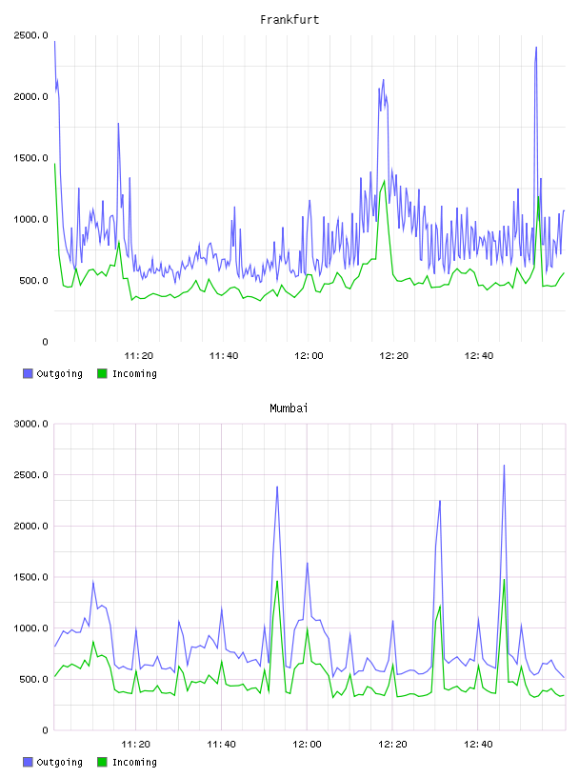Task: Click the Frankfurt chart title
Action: tap(289, 19)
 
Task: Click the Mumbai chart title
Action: tap(289, 408)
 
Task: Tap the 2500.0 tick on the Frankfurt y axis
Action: tap(30, 35)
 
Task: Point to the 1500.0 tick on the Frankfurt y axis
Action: tap(30, 158)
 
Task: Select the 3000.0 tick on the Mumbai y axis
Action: tap(30, 424)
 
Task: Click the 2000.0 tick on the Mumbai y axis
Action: tap(30, 526)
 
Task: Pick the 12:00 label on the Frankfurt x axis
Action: tap(309, 355)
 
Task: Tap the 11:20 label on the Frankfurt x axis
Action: tap(138, 355)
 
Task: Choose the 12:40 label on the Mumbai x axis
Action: tap(478, 744)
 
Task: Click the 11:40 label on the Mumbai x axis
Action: tap(221, 744)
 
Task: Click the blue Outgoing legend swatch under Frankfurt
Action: tap(28, 373)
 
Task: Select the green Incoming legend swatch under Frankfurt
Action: tap(102, 373)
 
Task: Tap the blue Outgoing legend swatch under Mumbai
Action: tap(28, 762)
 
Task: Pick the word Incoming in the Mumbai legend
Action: tap(134, 762)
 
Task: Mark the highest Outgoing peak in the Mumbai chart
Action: tap(504, 466)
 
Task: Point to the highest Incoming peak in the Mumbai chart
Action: tap(504, 580)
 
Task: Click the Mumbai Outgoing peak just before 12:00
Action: tap(277, 487)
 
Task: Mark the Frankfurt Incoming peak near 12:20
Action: tap(384, 181)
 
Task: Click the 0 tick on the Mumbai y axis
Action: tap(45, 730)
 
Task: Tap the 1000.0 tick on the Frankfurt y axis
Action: tap(30, 219)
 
